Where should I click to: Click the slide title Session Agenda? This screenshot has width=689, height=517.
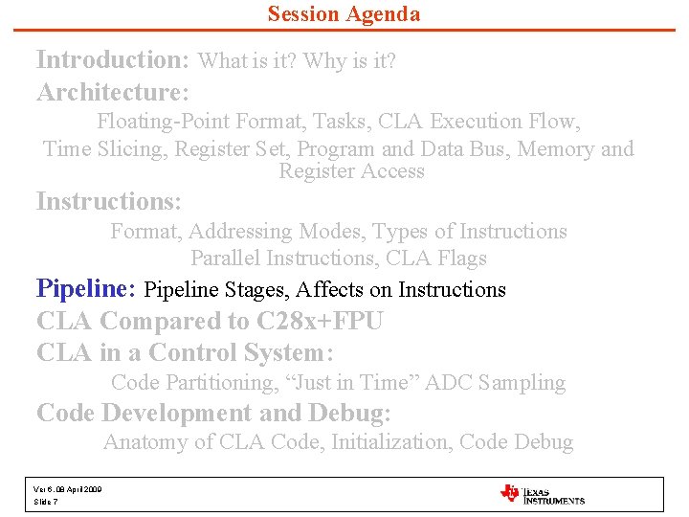point(344,13)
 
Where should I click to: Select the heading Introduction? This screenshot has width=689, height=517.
point(113,59)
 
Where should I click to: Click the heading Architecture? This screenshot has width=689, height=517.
point(113,93)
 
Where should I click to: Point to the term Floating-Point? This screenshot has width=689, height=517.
point(163,122)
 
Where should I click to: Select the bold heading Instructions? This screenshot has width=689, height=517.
point(108,202)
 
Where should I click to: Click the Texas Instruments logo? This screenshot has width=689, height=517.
point(543,495)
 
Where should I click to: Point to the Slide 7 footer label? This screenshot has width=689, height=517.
point(46,502)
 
